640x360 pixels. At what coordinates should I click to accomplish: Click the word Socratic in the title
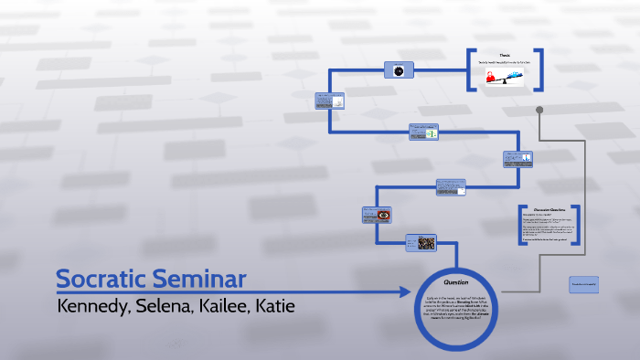(100, 280)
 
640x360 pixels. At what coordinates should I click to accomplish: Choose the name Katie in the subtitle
(274, 305)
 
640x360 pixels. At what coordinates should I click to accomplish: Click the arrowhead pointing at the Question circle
(404, 292)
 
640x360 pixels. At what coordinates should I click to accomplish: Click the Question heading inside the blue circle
(455, 281)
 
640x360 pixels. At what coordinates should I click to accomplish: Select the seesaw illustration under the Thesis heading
(505, 78)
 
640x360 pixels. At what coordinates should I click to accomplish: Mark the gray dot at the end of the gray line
(539, 111)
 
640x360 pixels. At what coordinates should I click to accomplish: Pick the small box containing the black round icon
(399, 70)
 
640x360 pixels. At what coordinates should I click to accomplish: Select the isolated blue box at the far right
(583, 284)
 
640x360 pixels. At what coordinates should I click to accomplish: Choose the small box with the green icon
(427, 132)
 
